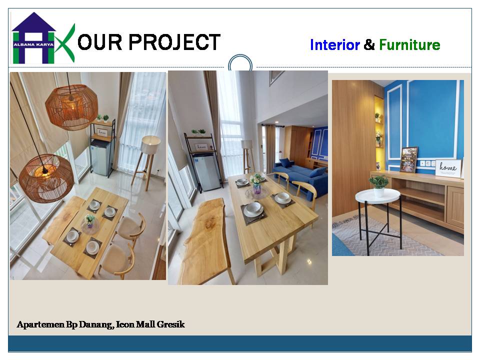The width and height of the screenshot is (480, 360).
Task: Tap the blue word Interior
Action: point(335,44)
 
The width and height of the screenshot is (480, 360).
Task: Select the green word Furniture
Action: point(409,44)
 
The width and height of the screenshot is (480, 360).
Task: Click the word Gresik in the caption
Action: point(171,324)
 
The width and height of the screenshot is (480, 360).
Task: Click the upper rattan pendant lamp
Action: point(71,106)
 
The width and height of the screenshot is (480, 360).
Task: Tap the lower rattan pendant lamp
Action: point(46,178)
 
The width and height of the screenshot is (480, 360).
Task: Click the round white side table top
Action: point(378,195)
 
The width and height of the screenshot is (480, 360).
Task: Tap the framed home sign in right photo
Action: point(448,168)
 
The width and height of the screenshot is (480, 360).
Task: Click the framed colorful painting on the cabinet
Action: point(408,159)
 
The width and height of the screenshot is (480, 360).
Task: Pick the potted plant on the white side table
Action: point(379,185)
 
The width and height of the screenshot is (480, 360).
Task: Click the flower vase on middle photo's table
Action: point(256,183)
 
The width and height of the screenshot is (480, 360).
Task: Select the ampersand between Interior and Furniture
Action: point(369,44)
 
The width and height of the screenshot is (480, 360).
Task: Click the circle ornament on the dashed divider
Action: point(240,64)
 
